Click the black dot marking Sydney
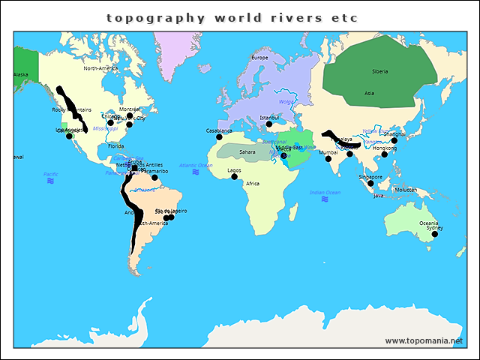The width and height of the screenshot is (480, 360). tap(434, 234)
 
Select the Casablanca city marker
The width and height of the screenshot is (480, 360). tap(219, 136)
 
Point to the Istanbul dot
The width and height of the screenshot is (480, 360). tap(269, 124)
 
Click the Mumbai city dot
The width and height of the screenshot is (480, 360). tap(328, 159)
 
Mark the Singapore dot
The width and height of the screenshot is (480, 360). tap(370, 183)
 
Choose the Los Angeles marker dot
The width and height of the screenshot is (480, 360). tap(69, 136)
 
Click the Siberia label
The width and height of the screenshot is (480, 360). tap(380, 71)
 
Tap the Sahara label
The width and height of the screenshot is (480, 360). tap(247, 151)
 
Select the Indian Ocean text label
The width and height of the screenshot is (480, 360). tap(325, 193)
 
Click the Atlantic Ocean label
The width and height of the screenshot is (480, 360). tap(195, 165)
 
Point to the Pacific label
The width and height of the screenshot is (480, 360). tap(50, 174)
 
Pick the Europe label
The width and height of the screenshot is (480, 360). tap(259, 58)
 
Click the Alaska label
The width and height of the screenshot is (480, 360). tap(21, 74)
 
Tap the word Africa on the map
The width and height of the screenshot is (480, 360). tap(253, 184)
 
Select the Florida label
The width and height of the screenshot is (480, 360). tap(115, 146)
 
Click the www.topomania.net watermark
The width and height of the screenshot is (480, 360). tap(424, 340)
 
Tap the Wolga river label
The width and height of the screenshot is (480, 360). tap(286, 101)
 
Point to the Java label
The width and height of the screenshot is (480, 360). tap(378, 195)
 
